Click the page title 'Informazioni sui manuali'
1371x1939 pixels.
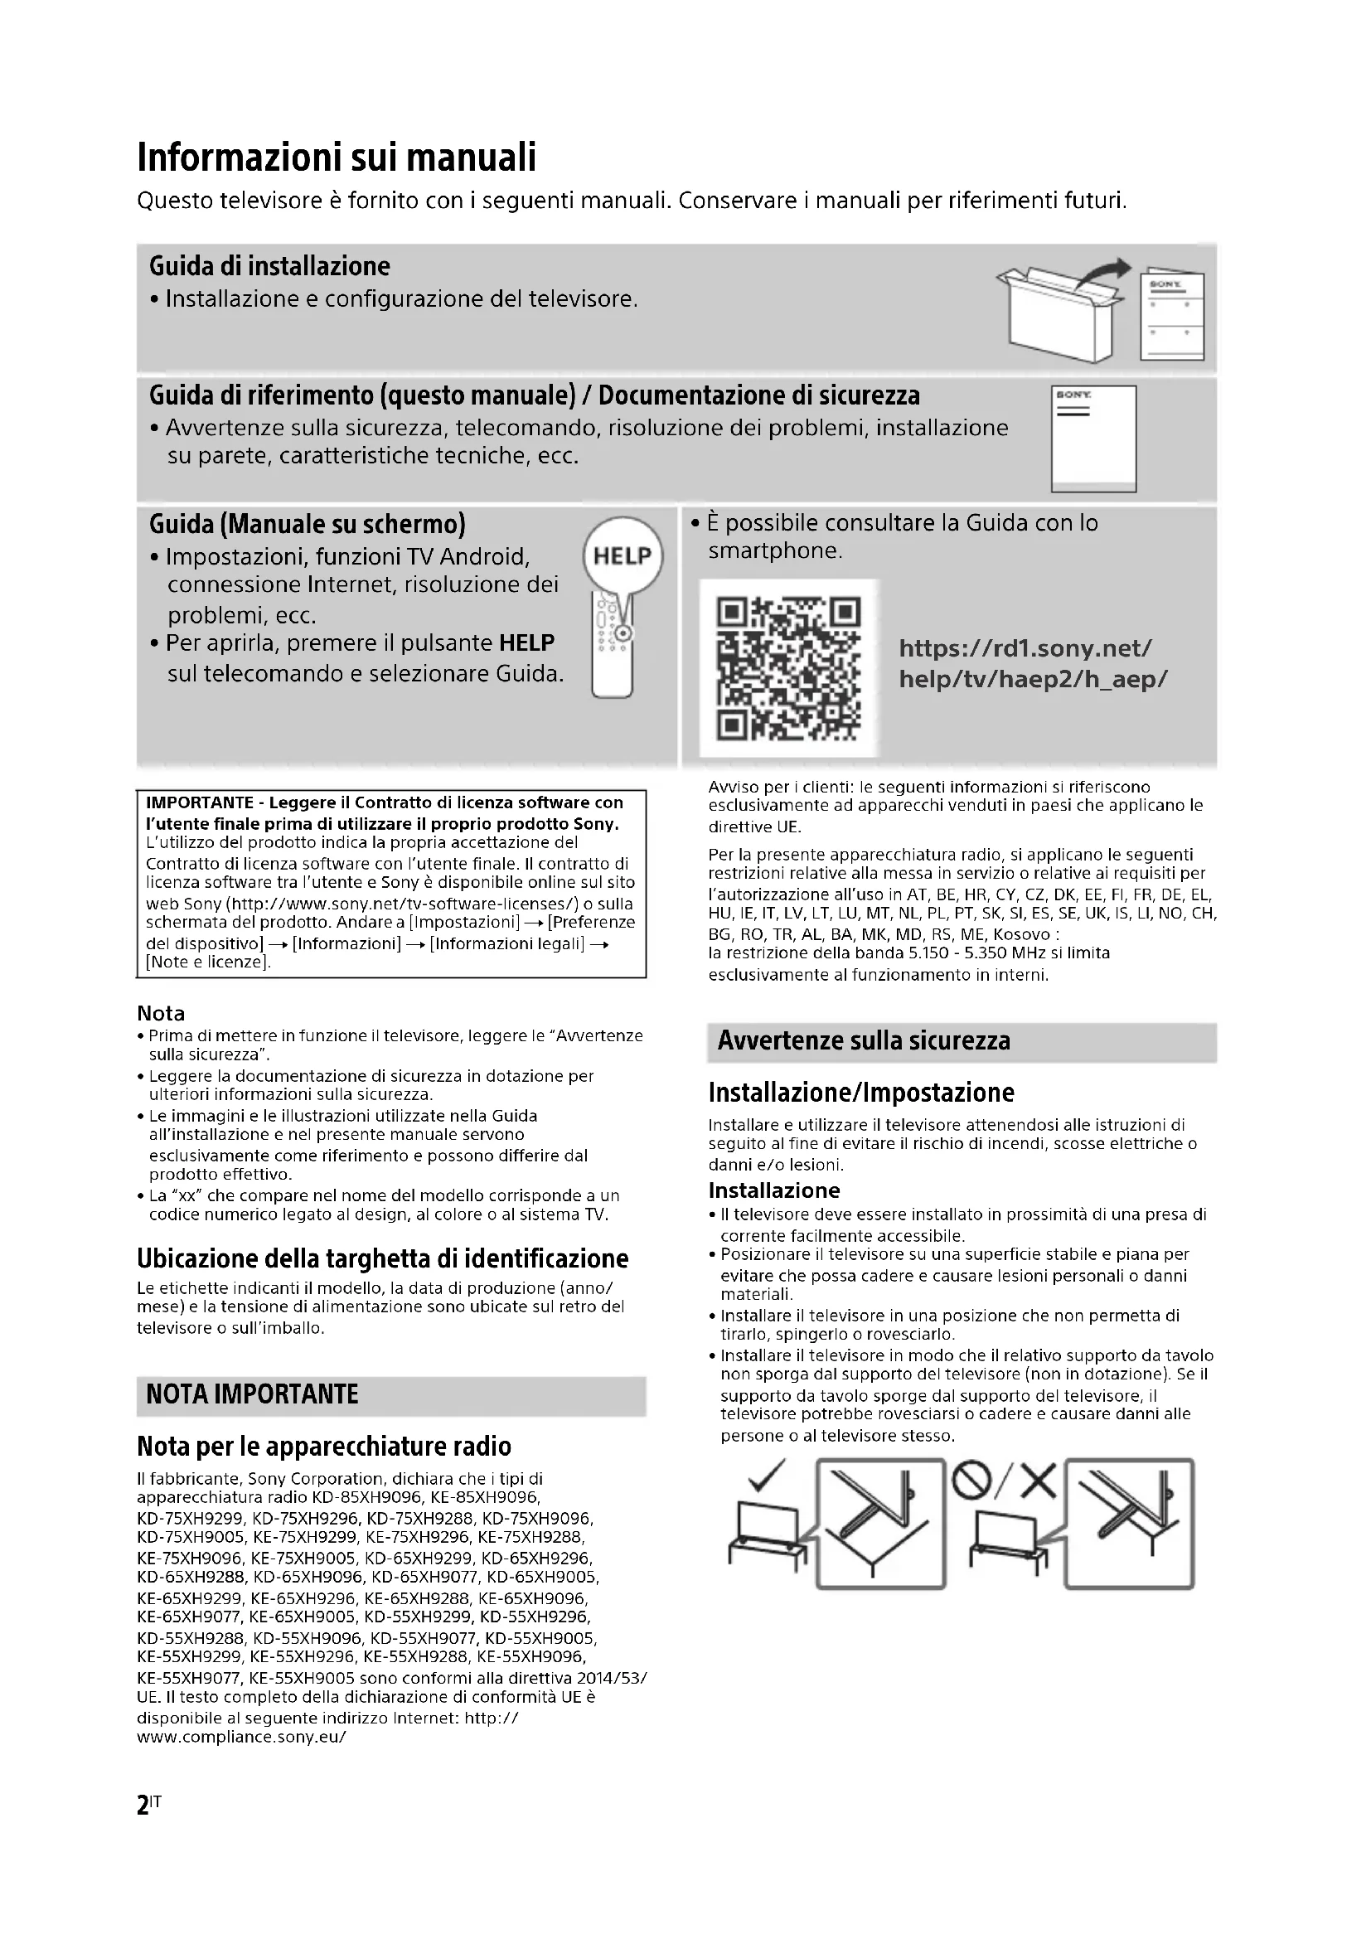point(336,158)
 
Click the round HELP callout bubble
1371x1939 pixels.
point(623,556)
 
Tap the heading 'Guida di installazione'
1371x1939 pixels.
point(269,267)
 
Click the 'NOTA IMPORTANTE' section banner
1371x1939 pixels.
point(253,1394)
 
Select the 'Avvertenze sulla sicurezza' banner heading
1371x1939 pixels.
point(864,1041)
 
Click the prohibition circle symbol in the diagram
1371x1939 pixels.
point(971,1479)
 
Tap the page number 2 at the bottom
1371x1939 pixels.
point(143,1805)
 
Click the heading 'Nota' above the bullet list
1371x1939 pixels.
point(161,1013)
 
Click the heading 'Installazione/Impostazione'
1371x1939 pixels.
point(861,1093)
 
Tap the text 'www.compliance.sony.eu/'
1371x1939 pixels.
point(241,1737)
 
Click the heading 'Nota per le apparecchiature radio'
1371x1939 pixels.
point(324,1447)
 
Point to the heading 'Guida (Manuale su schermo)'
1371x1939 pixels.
point(308,525)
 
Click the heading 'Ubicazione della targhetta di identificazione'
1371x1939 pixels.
point(382,1259)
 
